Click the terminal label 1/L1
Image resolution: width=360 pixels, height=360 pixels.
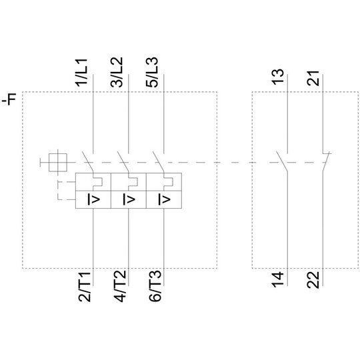coord(82,73)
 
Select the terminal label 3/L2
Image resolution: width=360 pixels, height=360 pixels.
coord(117,73)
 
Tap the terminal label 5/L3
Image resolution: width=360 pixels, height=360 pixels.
coord(152,73)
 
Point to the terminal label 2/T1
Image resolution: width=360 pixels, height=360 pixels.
coord(85,286)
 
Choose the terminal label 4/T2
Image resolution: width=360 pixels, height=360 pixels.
coord(120,286)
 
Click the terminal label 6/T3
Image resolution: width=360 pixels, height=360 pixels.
coord(155,286)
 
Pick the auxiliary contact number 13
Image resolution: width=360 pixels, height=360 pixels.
coord(278,77)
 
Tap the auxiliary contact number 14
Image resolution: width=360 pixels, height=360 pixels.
coord(278,279)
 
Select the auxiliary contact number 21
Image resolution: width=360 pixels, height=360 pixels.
coord(313,78)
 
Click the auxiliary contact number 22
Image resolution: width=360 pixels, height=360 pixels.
coord(313,279)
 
